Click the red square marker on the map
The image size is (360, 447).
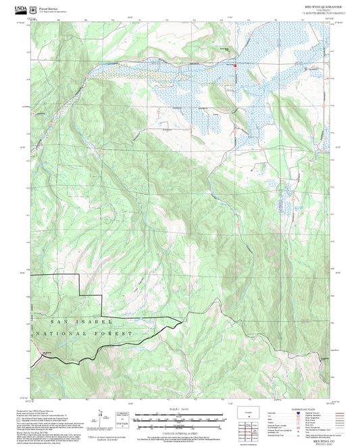(x=235, y=65)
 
